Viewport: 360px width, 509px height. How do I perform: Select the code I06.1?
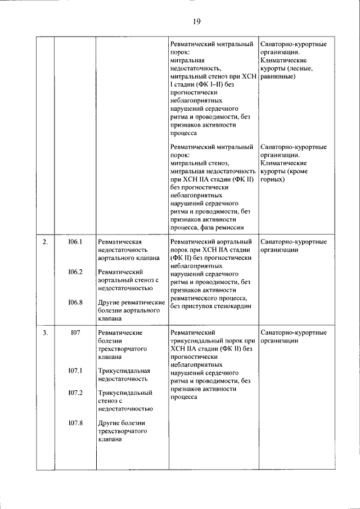[75, 242]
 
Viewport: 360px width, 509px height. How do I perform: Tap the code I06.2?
[75, 272]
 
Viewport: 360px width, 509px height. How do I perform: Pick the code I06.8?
[75, 303]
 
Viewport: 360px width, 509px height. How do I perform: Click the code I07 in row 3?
[75, 333]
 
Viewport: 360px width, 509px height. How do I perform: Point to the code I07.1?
[75, 371]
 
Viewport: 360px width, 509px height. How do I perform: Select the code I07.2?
[75, 393]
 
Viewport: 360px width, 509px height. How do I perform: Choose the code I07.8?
[75, 422]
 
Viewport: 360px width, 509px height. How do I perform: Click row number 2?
[46, 242]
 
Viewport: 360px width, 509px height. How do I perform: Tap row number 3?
[46, 333]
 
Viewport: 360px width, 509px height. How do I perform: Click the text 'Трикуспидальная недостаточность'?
[124, 375]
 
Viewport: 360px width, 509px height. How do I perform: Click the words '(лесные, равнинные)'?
[286, 72]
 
